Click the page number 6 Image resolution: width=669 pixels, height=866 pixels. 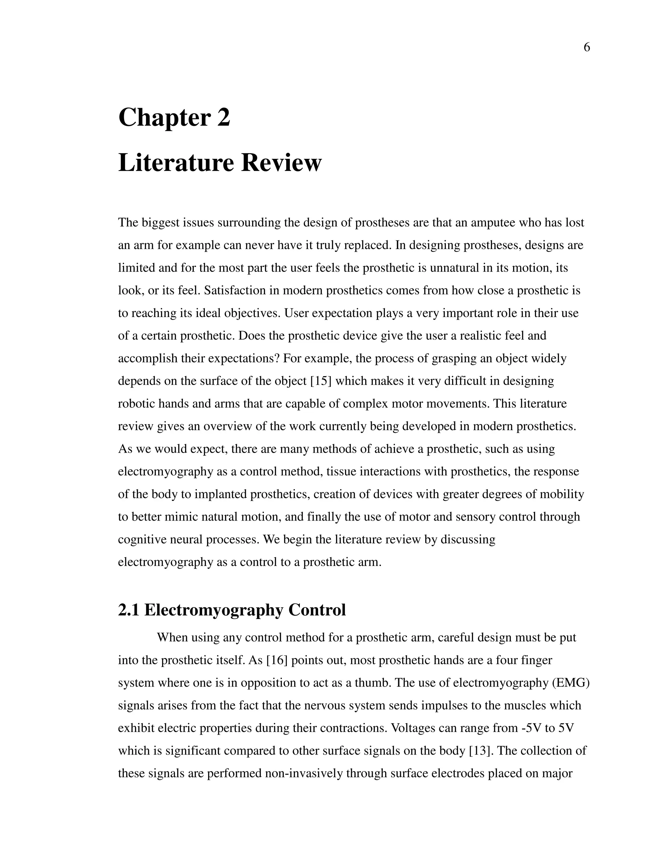coord(587,48)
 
